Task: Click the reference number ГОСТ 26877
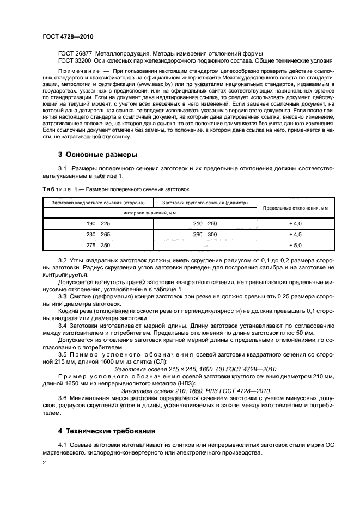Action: coord(75,53)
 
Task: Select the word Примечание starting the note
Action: coord(77,71)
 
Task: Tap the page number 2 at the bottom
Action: coord(45,463)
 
